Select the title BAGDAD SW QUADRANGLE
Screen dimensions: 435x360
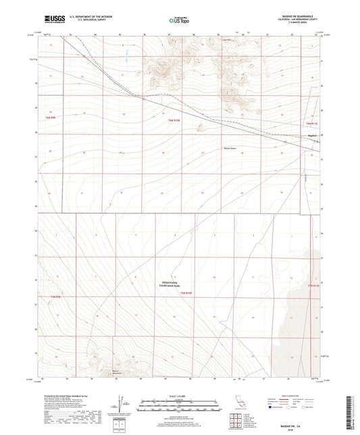coord(297,15)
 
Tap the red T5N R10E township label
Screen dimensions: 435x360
coord(174,120)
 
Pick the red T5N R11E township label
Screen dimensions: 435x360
coord(311,124)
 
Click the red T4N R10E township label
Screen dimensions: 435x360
coord(186,292)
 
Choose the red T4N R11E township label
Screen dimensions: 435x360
coord(313,286)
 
